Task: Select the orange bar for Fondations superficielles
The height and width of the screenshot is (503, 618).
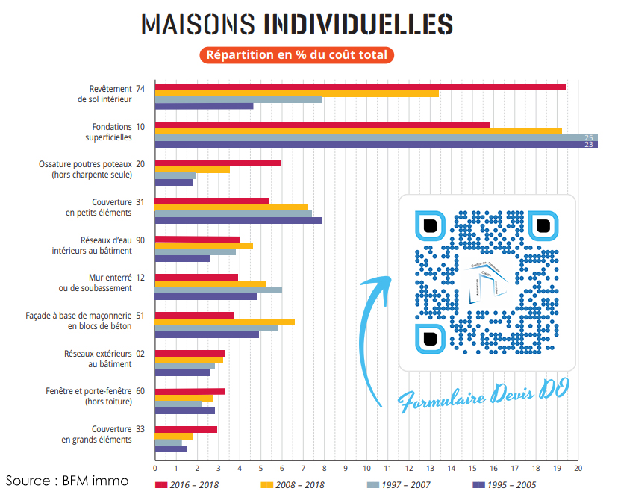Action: (358, 131)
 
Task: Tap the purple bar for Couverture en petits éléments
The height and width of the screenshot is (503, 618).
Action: (239, 220)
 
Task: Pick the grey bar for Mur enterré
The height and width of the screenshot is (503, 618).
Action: (218, 290)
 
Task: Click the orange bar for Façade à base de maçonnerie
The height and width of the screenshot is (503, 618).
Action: (225, 322)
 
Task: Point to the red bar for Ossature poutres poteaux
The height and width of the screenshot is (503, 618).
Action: (217, 163)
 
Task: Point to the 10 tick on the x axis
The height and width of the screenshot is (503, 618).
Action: (366, 469)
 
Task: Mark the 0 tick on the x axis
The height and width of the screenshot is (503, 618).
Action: (154, 469)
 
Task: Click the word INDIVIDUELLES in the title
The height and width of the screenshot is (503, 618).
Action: (358, 24)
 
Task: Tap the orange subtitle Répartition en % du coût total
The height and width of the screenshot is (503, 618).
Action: (296, 54)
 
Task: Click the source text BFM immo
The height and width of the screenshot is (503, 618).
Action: (67, 481)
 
